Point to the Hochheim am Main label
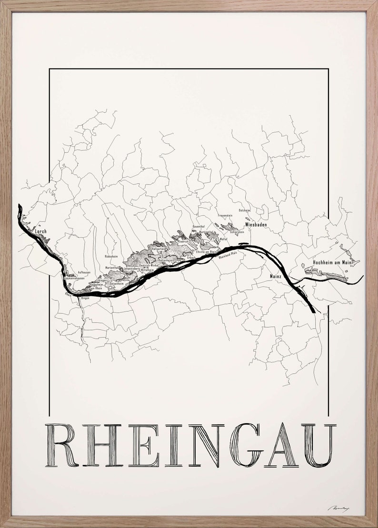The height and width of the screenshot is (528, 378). pos(332,262)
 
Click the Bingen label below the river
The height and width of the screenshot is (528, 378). pos(85,298)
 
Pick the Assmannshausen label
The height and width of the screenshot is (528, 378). pos(75,278)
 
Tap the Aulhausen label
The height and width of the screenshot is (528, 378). pos(71,273)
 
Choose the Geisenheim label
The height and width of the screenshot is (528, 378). pos(117,283)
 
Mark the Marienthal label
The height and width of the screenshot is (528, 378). pos(112,268)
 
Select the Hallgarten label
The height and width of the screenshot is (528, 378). pos(158,249)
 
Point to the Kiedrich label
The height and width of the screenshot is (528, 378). pos(183,241)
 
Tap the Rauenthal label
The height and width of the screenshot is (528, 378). pos(199,226)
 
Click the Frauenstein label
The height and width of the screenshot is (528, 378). pos(225,216)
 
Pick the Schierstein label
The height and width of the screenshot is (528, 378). pos(237,232)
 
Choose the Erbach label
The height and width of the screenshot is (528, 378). pos(191,258)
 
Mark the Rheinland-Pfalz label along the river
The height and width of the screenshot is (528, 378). pos(228,255)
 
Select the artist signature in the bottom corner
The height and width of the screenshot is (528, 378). pos(338,508)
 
